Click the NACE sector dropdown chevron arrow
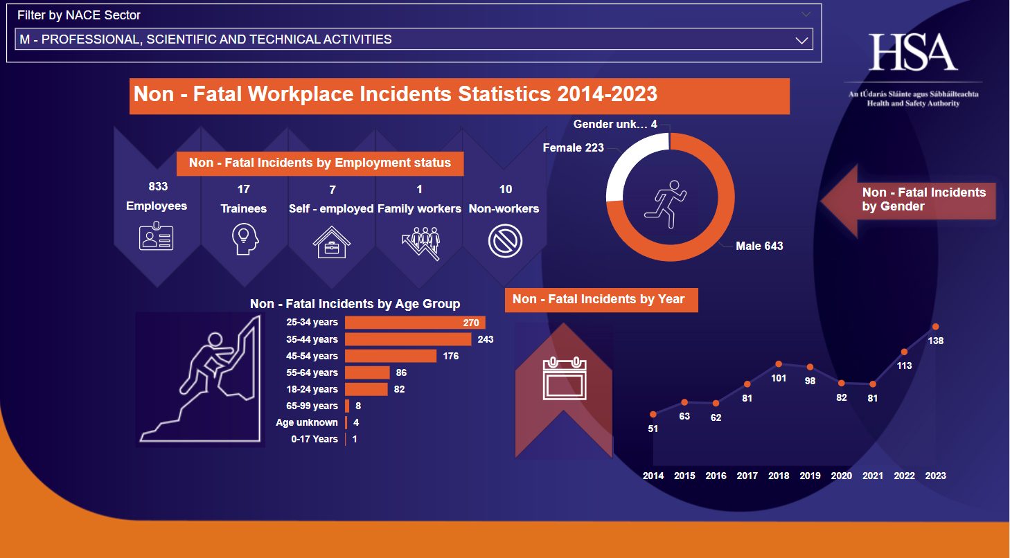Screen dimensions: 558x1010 click(802, 40)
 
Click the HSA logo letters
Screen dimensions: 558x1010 click(913, 52)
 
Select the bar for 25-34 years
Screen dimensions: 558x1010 click(415, 323)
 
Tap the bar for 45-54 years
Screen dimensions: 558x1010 click(391, 356)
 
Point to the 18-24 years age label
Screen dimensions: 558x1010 click(312, 389)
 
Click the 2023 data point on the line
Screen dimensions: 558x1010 click(936, 327)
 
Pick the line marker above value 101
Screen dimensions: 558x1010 click(779, 364)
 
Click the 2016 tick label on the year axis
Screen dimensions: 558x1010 click(716, 476)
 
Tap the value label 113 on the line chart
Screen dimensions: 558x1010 click(904, 366)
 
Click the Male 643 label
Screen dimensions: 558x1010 click(759, 246)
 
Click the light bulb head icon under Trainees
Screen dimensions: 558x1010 click(244, 240)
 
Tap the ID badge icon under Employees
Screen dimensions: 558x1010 click(157, 237)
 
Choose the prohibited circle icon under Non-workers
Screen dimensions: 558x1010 click(505, 242)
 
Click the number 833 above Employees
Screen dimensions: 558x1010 click(158, 186)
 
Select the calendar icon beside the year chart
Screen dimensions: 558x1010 click(564, 379)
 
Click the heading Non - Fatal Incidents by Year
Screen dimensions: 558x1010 click(599, 299)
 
